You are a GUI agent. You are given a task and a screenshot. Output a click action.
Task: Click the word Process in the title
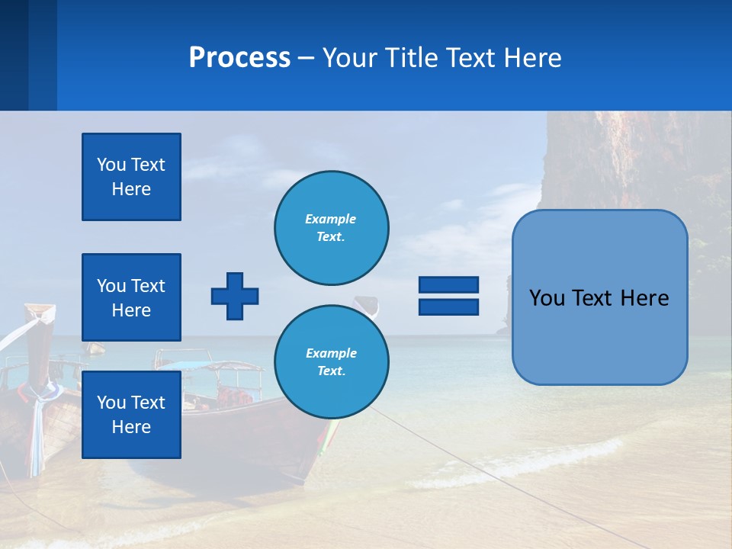239,58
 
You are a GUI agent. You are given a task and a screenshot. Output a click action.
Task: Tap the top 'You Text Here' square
131,177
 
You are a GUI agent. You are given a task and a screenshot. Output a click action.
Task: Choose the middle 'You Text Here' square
131,297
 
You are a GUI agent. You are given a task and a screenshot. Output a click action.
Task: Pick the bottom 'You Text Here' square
131,415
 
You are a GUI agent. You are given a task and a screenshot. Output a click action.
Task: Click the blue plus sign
235,296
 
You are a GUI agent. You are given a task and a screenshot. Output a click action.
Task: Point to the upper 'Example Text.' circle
332,228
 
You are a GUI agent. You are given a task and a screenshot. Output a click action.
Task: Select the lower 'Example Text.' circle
332,362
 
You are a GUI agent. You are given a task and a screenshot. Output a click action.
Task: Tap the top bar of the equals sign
448,285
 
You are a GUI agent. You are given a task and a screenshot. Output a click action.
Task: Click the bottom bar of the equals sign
448,307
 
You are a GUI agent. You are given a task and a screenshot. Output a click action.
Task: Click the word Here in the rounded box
644,298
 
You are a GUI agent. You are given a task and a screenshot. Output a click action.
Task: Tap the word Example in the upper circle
330,219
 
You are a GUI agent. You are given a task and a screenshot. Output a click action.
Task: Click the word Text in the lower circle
330,371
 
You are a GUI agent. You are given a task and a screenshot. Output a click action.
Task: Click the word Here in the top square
131,189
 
